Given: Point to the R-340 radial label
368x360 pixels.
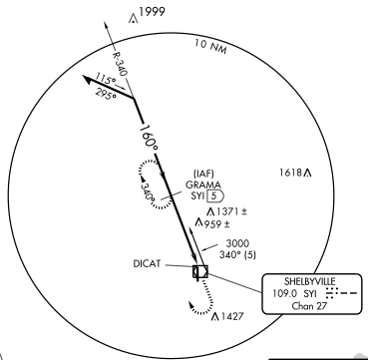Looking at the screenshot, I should pos(119,66).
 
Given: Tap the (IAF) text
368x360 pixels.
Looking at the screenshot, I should pos(203,173).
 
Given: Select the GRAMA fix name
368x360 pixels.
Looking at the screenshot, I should pos(203,184).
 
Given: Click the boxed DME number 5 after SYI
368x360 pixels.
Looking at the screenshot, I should pos(225,196).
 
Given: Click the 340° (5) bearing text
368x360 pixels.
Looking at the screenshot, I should pos(243,255).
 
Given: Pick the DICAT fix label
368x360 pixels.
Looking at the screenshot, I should pos(152,265).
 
